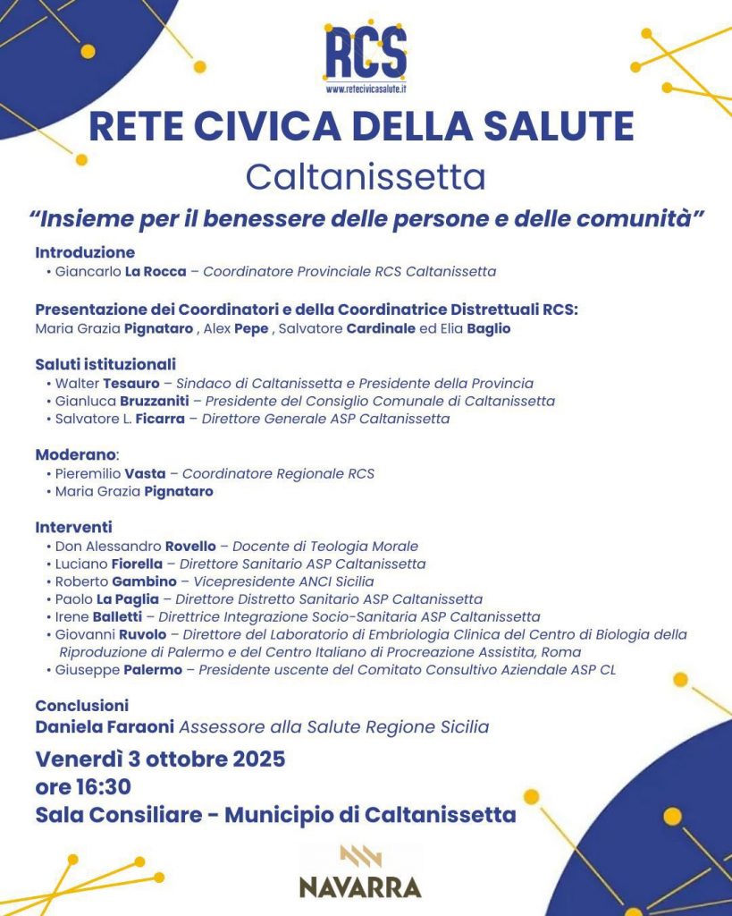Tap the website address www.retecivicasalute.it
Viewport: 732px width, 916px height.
(x=365, y=89)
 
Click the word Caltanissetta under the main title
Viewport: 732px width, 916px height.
(x=366, y=177)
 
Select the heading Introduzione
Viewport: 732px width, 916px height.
(x=85, y=252)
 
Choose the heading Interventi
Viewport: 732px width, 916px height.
(x=73, y=528)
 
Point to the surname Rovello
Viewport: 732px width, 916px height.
(x=190, y=546)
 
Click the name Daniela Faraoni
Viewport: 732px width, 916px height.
(x=102, y=726)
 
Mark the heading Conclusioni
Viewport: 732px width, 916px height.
(x=82, y=705)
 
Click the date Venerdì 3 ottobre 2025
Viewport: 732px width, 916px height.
(x=161, y=759)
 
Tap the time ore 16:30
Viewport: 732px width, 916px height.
(x=83, y=787)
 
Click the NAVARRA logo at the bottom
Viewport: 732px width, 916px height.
(x=360, y=872)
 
